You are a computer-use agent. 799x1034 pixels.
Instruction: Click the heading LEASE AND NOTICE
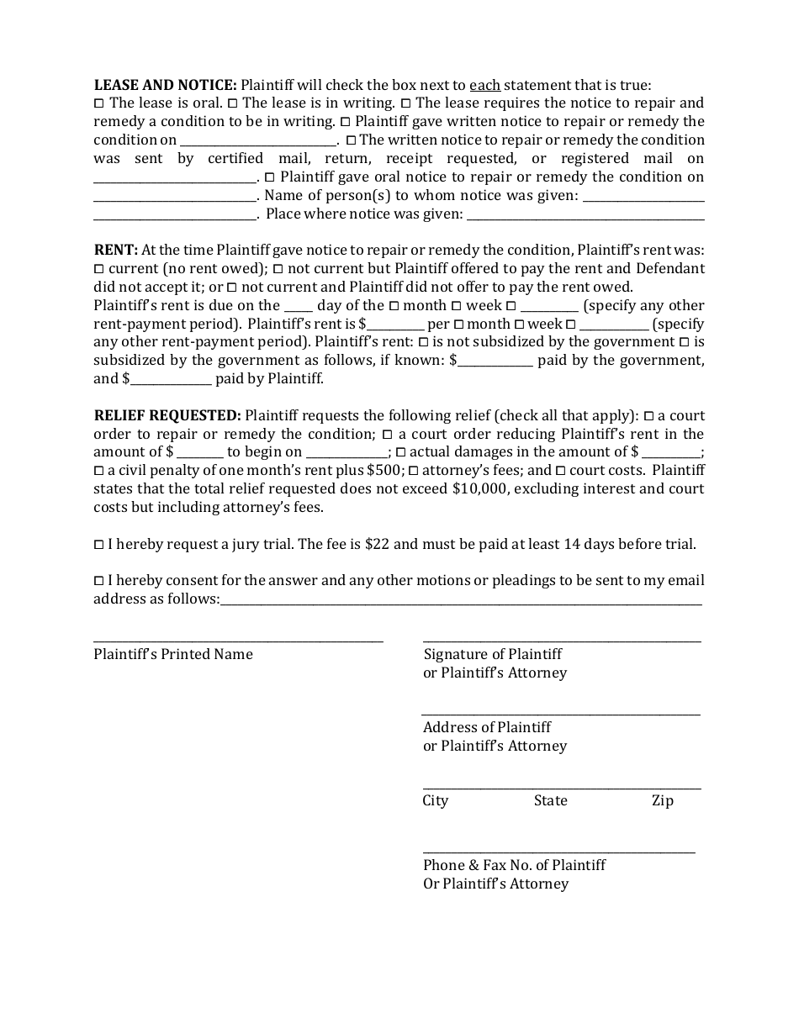point(165,85)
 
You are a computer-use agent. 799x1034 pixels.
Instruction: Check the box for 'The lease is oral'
point(98,103)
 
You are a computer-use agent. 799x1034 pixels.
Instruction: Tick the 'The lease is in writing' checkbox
point(233,103)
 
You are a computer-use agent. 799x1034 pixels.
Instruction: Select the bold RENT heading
point(115,250)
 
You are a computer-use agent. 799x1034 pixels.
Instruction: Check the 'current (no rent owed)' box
point(98,269)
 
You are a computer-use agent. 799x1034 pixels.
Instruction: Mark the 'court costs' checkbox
point(561,471)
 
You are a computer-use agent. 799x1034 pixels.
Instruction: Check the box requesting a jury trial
point(98,545)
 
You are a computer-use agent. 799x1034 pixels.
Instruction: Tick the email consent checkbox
point(98,581)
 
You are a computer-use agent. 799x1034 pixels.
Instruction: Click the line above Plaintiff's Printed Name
point(238,641)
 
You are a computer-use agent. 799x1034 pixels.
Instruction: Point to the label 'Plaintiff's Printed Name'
point(173,654)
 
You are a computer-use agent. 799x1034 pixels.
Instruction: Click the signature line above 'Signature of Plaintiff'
point(562,641)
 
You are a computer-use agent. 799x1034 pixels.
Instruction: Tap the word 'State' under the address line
point(550,800)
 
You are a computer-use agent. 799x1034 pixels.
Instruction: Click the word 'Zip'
point(663,800)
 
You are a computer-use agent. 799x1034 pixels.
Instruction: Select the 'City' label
point(436,800)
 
